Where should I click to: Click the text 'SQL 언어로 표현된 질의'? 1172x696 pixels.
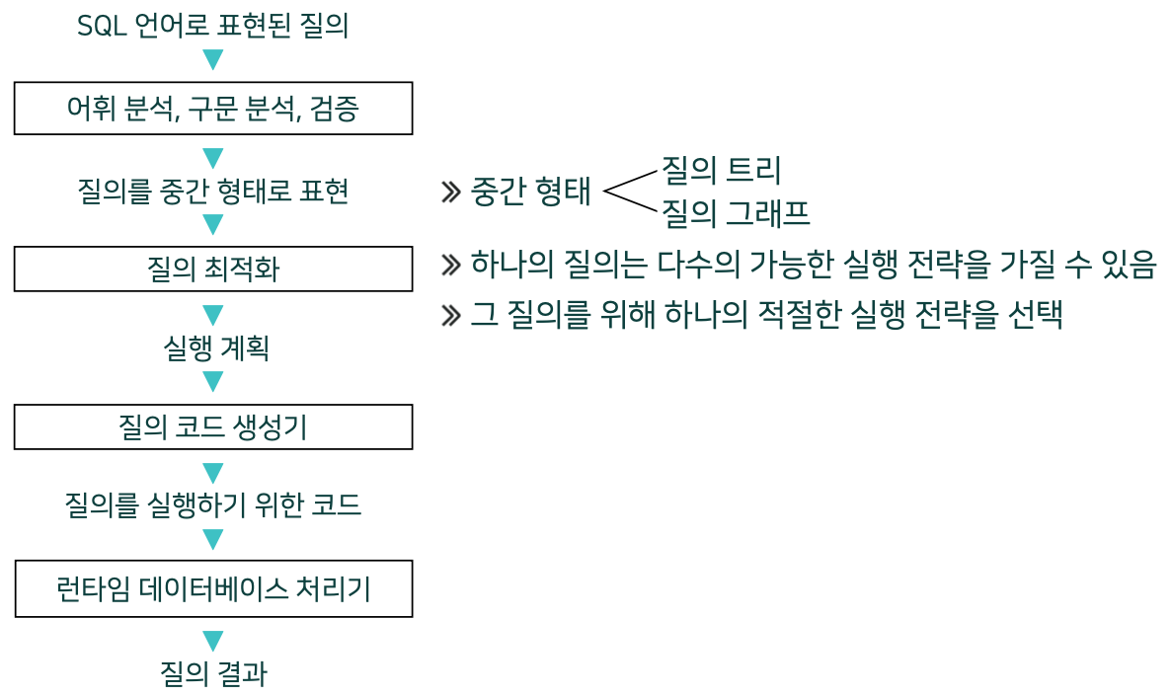212,27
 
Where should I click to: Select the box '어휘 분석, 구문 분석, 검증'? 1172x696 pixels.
212,109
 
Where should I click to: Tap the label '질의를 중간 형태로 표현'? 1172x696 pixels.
212,191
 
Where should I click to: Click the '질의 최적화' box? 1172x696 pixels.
212,269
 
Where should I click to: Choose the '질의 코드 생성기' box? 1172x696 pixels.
212,426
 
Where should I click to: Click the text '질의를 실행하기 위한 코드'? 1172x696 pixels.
212,505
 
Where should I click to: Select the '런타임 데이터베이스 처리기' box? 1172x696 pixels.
213,589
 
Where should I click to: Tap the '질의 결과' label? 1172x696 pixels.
213,673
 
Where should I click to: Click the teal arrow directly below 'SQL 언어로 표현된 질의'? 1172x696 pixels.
212,59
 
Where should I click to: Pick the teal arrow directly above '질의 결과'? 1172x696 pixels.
212,641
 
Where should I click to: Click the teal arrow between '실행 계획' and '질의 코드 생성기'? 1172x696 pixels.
212,381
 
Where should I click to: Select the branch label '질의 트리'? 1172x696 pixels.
721,170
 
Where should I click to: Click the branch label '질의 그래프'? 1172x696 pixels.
735,211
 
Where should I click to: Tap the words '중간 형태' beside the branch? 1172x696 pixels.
531,192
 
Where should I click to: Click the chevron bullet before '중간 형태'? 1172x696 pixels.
451,192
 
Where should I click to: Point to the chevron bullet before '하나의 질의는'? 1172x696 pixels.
451,264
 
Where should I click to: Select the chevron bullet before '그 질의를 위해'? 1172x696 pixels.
451,315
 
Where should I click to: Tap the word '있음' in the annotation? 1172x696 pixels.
1127,264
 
